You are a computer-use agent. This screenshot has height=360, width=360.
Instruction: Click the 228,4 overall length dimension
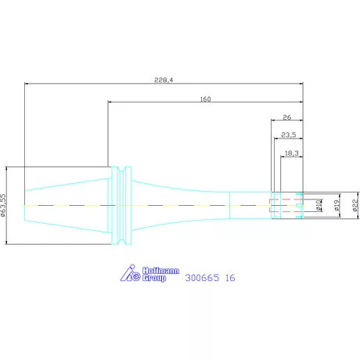pos(164,80)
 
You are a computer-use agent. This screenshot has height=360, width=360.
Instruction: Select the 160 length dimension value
pos(205,99)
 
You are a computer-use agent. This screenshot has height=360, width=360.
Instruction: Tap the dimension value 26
pos(287,117)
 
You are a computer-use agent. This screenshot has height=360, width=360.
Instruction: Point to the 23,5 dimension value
pos(289,135)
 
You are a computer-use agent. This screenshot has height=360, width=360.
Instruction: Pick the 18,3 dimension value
pos(291,153)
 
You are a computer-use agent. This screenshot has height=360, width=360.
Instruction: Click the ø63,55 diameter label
pos(3,205)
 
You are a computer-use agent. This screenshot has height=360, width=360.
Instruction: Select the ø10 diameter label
pos(319,205)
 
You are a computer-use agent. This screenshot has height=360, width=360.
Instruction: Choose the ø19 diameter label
pos(337,205)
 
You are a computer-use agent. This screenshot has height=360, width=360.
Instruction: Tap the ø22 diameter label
pos(355,205)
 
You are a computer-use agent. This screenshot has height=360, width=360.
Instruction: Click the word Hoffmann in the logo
pos(160,271)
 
